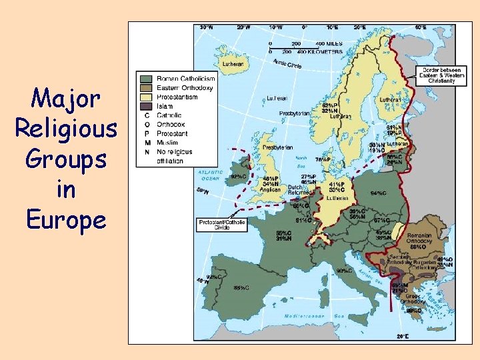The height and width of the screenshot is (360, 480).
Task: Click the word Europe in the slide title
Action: pyautogui.click(x=65, y=219)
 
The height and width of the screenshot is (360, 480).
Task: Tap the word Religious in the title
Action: pyautogui.click(x=65, y=127)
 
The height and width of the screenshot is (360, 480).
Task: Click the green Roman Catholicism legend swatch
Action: pyautogui.click(x=145, y=78)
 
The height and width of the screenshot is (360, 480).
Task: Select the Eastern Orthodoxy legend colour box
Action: pyautogui.click(x=145, y=87)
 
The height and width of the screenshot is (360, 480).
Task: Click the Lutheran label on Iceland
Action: pyautogui.click(x=233, y=64)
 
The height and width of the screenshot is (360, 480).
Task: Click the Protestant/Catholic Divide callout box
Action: pyautogui.click(x=221, y=225)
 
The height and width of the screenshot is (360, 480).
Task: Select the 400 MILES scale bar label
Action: pyautogui.click(x=326, y=44)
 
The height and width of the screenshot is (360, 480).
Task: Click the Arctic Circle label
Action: pyautogui.click(x=287, y=64)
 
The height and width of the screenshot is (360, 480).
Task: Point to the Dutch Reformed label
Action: pyautogui.click(x=299, y=189)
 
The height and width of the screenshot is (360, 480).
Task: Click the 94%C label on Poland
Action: pyautogui.click(x=379, y=193)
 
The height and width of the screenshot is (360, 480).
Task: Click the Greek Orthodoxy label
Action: pyautogui.click(x=413, y=298)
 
